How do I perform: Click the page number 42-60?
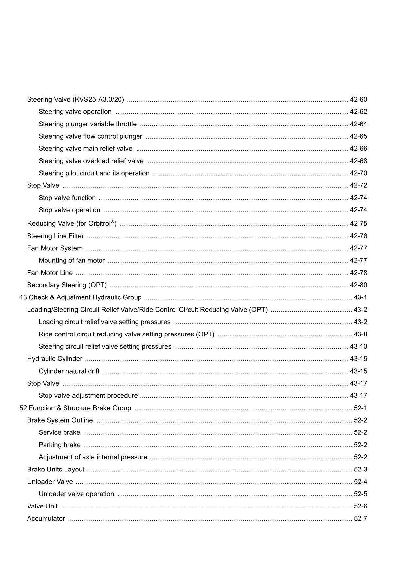(x=358, y=99)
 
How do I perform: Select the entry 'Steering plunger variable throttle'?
(x=87, y=124)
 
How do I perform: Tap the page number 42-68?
(x=358, y=161)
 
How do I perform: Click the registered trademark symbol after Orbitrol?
(x=112, y=222)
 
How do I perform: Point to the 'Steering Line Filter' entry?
(x=55, y=236)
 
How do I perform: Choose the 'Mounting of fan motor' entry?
(x=72, y=260)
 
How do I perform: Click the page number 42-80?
(x=358, y=285)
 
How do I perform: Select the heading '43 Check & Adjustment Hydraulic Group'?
(x=80, y=297)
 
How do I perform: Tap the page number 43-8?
(x=360, y=334)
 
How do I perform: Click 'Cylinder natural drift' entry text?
(x=69, y=371)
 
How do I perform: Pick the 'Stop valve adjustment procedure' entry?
(x=88, y=395)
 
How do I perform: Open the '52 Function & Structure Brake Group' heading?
(x=75, y=408)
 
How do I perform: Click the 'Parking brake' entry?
(x=59, y=445)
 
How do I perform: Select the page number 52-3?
(x=360, y=469)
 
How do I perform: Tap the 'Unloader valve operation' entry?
(x=76, y=494)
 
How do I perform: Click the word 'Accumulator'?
(x=46, y=518)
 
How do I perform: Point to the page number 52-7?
(x=360, y=518)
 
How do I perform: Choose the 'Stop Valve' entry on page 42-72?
(x=43, y=185)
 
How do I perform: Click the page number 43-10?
(x=358, y=346)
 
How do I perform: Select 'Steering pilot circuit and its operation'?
(x=94, y=173)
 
